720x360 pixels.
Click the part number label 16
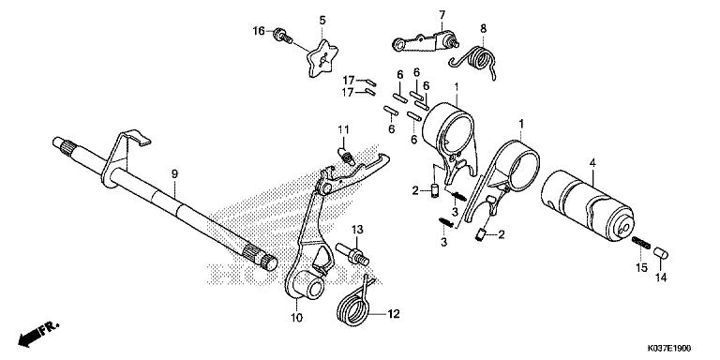259,31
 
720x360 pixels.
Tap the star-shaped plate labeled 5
322,58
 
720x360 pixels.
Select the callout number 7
442,15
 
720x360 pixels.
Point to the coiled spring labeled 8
476,59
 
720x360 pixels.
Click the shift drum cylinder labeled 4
587,204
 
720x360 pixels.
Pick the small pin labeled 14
661,253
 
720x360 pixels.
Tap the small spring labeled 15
641,243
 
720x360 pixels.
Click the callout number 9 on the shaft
174,174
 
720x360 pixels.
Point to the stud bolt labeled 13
352,254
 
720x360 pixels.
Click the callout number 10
296,317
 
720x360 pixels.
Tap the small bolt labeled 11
347,155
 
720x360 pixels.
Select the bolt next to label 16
282,37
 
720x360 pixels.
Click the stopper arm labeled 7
424,41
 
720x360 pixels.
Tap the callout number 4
592,162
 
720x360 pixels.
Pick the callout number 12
394,314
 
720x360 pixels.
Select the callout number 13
357,229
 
